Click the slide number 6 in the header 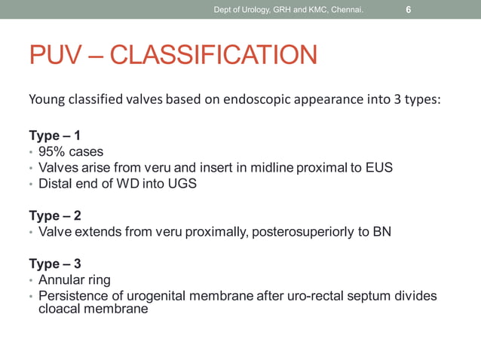pos(408,10)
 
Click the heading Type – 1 pos(54,136)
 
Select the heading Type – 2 pos(54,216)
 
